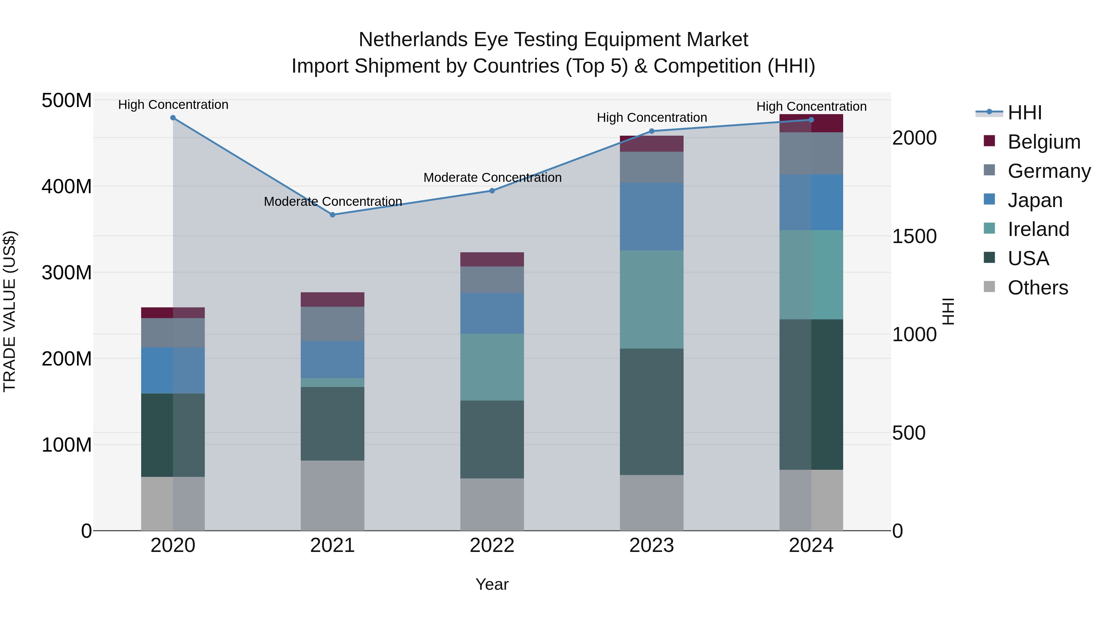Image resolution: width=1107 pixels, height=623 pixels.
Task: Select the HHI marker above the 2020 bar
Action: tap(173, 118)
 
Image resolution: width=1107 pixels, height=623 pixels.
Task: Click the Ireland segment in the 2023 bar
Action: tap(652, 299)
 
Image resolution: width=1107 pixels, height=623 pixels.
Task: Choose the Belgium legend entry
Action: tap(1043, 142)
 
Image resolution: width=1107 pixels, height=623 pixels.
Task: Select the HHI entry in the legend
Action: tap(1025, 113)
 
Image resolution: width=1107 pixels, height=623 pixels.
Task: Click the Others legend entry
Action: tap(1038, 288)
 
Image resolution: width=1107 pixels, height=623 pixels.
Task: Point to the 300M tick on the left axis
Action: tap(67, 273)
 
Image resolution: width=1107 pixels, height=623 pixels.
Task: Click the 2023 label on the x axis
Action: tap(652, 545)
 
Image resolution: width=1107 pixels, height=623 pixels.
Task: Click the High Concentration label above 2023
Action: tap(652, 118)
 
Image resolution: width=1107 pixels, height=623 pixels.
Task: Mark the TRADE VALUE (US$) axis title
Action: tap(10, 311)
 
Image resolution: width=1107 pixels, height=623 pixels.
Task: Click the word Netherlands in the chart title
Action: tap(413, 40)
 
